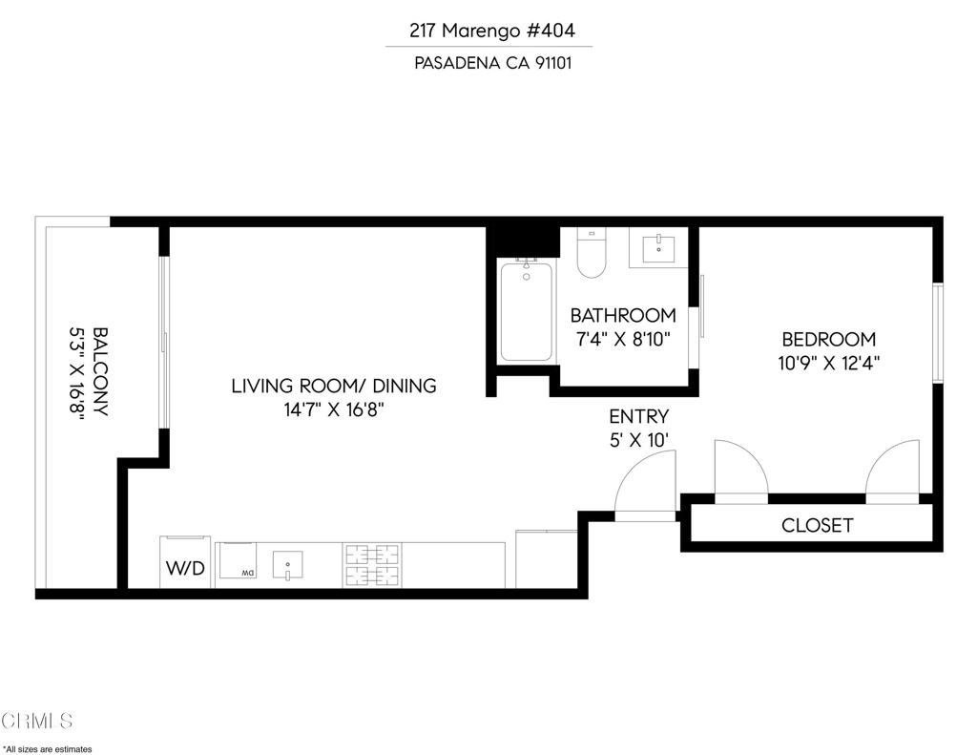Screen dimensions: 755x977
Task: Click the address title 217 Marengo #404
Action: pyautogui.click(x=492, y=31)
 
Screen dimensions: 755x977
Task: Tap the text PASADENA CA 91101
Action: pyautogui.click(x=492, y=63)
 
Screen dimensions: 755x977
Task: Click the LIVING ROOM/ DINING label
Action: pyautogui.click(x=333, y=386)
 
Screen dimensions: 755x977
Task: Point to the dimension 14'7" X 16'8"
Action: pyautogui.click(x=333, y=410)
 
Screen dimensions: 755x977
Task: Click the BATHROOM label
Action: pyautogui.click(x=623, y=315)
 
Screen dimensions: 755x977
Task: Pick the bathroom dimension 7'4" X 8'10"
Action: pyautogui.click(x=623, y=339)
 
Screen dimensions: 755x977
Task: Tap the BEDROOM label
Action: pyautogui.click(x=828, y=339)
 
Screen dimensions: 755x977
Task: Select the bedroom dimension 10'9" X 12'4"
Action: pyautogui.click(x=828, y=363)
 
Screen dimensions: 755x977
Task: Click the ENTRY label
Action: pyautogui.click(x=638, y=416)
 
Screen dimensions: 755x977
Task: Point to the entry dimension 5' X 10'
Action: pyautogui.click(x=638, y=440)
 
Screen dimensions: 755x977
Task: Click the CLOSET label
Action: pyautogui.click(x=817, y=525)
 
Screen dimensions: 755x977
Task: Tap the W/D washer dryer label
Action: pyautogui.click(x=185, y=569)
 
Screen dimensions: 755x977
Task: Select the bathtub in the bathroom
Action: pyautogui.click(x=526, y=311)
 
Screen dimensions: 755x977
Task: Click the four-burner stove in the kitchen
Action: pyautogui.click(x=372, y=565)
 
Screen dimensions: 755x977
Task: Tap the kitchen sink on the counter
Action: pyautogui.click(x=286, y=565)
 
